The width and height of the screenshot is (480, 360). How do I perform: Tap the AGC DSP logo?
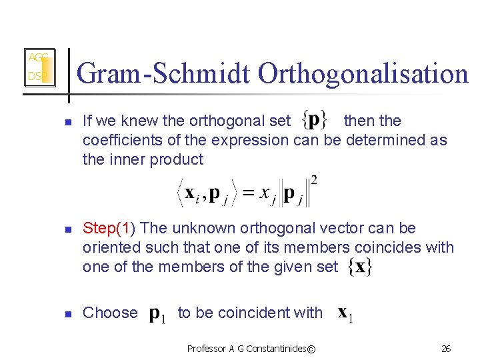click(39, 67)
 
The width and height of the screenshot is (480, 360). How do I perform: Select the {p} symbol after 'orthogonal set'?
click(314, 120)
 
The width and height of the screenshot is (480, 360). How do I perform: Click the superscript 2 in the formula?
click(313, 181)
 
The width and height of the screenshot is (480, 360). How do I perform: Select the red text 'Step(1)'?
click(109, 228)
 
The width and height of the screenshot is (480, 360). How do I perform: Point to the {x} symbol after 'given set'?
click(360, 267)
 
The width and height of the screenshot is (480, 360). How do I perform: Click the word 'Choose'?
click(110, 313)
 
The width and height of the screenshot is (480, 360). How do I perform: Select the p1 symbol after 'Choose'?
click(157, 313)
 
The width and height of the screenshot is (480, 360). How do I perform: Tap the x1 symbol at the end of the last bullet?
click(345, 313)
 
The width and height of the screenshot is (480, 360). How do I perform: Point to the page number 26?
click(446, 349)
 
